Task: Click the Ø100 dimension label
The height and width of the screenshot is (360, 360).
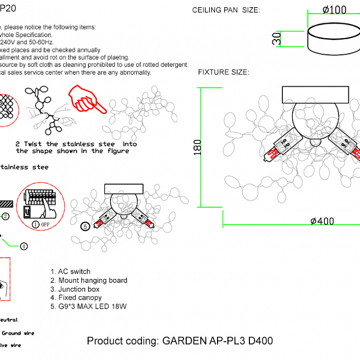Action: [x=334, y=10]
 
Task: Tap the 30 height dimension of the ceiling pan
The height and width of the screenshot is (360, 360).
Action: [x=277, y=38]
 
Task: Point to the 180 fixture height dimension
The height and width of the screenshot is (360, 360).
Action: [x=198, y=147]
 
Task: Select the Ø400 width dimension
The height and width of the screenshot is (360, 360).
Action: [x=322, y=221]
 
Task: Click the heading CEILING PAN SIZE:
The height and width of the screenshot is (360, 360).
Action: [x=226, y=10]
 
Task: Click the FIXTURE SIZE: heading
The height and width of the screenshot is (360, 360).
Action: [x=224, y=72]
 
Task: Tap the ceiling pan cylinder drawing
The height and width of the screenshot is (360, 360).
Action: [x=334, y=40]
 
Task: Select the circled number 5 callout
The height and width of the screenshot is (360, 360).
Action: [x=86, y=226]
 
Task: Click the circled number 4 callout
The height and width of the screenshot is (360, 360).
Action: [x=24, y=246]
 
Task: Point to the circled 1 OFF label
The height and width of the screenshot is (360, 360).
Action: [x=41, y=224]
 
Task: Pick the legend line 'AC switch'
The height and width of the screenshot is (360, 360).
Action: [x=70, y=272]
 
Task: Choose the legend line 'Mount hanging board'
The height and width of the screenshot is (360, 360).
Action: [x=89, y=280]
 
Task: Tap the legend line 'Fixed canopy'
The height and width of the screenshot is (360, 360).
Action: [x=76, y=298]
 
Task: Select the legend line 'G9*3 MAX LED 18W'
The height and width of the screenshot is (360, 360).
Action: [x=88, y=307]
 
